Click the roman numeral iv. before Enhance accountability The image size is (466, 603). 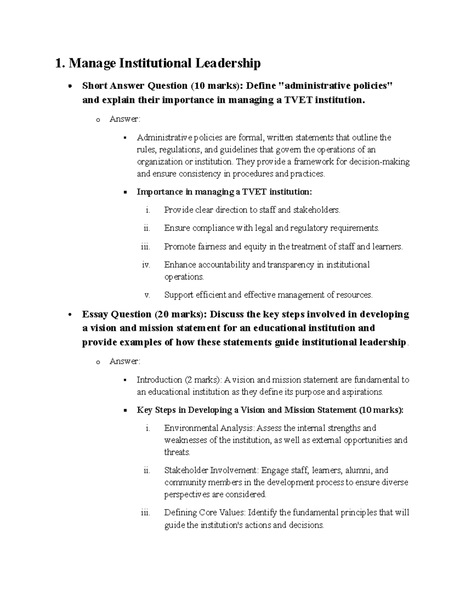click(x=146, y=265)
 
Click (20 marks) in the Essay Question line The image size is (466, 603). click(x=178, y=314)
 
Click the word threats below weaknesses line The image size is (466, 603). click(x=177, y=452)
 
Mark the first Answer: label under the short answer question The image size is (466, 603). click(x=125, y=119)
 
